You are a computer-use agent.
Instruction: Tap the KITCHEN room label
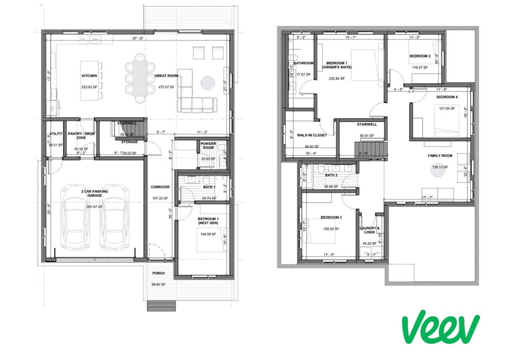tap(89, 76)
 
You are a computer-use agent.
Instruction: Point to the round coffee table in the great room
tap(208, 83)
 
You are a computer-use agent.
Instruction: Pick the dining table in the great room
tap(140, 78)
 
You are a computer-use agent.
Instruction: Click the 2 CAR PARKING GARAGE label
tap(94, 194)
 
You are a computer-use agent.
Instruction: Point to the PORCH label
tap(158, 273)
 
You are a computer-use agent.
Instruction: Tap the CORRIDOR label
tap(160, 187)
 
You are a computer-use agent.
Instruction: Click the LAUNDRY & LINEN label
tap(369, 230)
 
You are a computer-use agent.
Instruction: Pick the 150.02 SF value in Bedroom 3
tap(331, 229)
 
